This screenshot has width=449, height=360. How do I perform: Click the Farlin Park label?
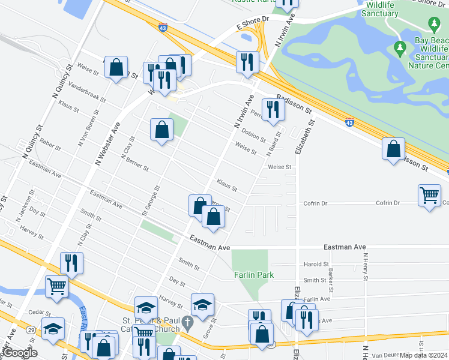(x=254, y=275)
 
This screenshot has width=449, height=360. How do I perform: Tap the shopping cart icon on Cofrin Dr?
(x=430, y=196)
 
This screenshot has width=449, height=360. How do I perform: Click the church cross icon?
(x=187, y=323)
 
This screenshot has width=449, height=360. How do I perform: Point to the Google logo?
(x=19, y=353)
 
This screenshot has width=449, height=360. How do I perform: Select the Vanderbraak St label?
(x=87, y=92)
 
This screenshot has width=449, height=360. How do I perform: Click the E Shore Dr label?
(x=254, y=21)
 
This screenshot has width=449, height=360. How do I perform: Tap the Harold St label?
(x=316, y=264)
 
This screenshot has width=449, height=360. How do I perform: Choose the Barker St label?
(x=331, y=277)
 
